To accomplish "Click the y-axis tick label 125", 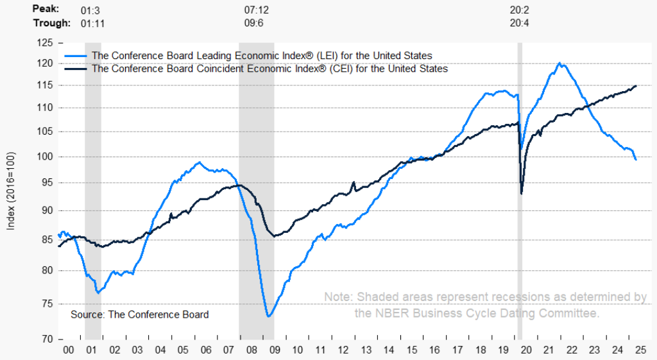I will tap(46, 43).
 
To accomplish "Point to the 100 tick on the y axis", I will tap(46, 157).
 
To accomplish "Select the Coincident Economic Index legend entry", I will tap(269, 68).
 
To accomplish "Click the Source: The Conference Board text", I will tap(139, 314).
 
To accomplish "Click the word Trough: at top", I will tap(51, 23).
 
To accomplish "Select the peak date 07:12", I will tap(256, 10).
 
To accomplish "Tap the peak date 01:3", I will tap(90, 10).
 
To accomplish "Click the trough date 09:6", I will tap(255, 23).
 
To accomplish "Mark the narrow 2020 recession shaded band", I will tap(520, 193).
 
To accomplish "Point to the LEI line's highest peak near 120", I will tap(560, 63).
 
